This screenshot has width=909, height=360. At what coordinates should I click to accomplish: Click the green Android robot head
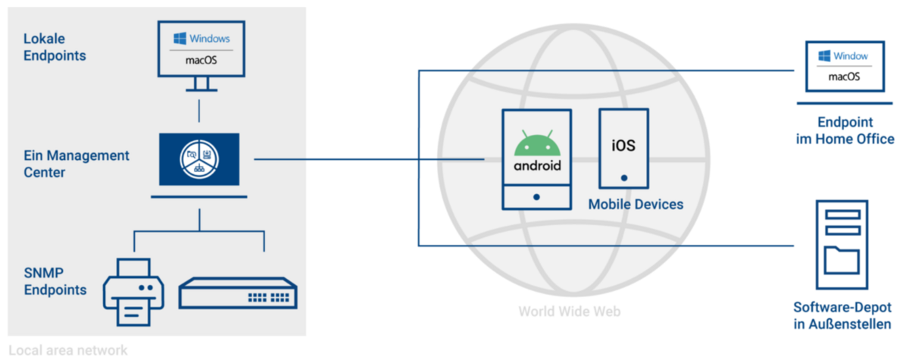pos(537,143)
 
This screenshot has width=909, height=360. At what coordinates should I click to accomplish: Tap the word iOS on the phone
pos(623,145)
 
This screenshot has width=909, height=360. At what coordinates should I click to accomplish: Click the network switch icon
pos(238,292)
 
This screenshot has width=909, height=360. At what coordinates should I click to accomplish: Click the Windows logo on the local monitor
pos(180,39)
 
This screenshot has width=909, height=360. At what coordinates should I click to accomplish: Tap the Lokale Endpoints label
pos(55,46)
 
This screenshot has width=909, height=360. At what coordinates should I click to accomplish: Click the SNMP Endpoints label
pos(55,282)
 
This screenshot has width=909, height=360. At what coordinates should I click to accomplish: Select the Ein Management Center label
pos(77,164)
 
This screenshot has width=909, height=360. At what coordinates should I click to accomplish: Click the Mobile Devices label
pos(636,205)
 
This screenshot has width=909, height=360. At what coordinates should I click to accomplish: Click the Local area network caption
pos(68,350)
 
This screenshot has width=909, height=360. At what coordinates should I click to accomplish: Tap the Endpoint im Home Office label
pos(845,130)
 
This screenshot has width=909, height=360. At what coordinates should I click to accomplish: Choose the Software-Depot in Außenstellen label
pos(842,316)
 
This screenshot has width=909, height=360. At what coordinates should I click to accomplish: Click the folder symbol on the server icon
pos(842,260)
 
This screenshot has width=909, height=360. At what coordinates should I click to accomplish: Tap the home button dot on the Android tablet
pos(536,197)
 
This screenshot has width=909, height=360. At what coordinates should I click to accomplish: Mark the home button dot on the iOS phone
pos(623,179)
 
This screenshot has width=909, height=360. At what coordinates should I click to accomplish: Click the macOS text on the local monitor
pos(201,61)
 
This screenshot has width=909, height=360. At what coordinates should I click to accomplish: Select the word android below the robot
pos(537,165)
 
